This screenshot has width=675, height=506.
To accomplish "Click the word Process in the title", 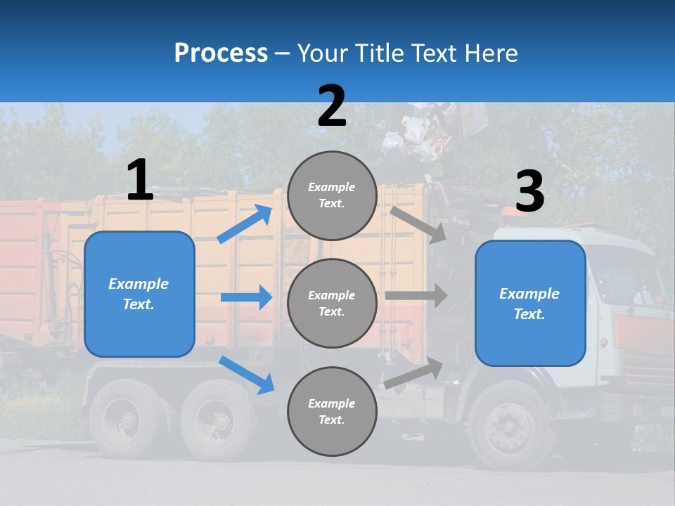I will pyautogui.click(x=221, y=53).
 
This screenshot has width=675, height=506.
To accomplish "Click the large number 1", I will pyautogui.click(x=140, y=180).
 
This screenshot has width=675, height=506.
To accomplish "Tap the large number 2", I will pyautogui.click(x=332, y=106).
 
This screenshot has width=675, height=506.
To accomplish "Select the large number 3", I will pyautogui.click(x=529, y=192).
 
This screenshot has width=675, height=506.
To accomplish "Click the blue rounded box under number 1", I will pyautogui.click(x=139, y=294).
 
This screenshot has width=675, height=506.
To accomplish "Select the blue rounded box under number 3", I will pyautogui.click(x=530, y=304).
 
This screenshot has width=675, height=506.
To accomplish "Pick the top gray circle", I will pyautogui.click(x=332, y=195).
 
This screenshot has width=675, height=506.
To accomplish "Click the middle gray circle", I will pyautogui.click(x=332, y=303).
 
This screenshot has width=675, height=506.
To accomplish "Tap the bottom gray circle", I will pyautogui.click(x=332, y=411).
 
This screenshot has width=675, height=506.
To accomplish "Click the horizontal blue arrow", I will pyautogui.click(x=246, y=297).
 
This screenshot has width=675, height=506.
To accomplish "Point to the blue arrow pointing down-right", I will pyautogui.click(x=246, y=374).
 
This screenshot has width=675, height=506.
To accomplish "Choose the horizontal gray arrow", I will pyautogui.click(x=416, y=295).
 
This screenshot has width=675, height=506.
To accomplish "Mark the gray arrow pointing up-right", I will pyautogui.click(x=414, y=372).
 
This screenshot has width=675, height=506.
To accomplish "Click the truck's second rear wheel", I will pyautogui.click(x=217, y=420).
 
